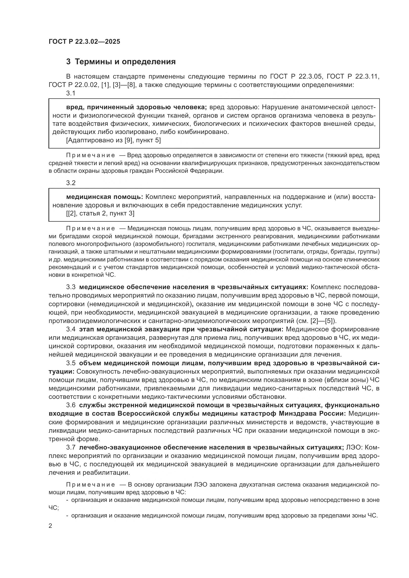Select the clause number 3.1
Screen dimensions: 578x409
[71, 93]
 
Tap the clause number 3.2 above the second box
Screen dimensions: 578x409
[71, 183]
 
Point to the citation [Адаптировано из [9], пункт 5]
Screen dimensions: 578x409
[113, 140]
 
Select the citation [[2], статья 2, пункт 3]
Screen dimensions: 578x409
[100, 214]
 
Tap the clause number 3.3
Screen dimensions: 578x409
[71, 287]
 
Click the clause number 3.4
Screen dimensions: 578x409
[71, 330]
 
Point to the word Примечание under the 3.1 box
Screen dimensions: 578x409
[91, 156]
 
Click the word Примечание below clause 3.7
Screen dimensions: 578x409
[91, 485]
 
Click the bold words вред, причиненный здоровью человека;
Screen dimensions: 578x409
[136, 107]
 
